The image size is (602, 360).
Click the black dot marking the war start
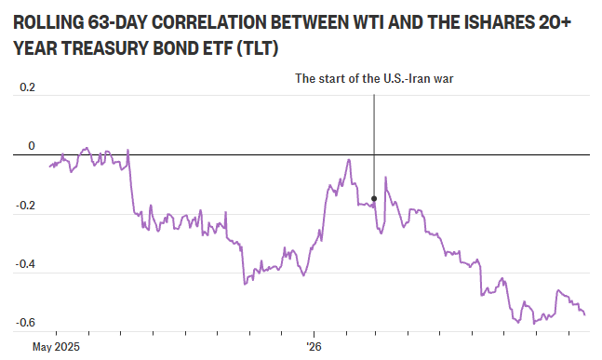374,198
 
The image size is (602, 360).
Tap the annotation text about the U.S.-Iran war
374,79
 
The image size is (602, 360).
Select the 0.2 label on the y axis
27,87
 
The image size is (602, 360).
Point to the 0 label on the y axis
32,146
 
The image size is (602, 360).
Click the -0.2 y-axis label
25,206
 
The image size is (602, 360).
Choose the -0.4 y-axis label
25,264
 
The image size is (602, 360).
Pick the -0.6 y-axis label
25,323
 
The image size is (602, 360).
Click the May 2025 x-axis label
56,347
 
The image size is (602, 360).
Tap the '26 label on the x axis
314,347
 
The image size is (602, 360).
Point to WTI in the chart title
367,23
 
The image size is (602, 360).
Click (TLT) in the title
257,48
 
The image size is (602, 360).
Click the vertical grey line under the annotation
374,145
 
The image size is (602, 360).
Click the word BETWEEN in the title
308,23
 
